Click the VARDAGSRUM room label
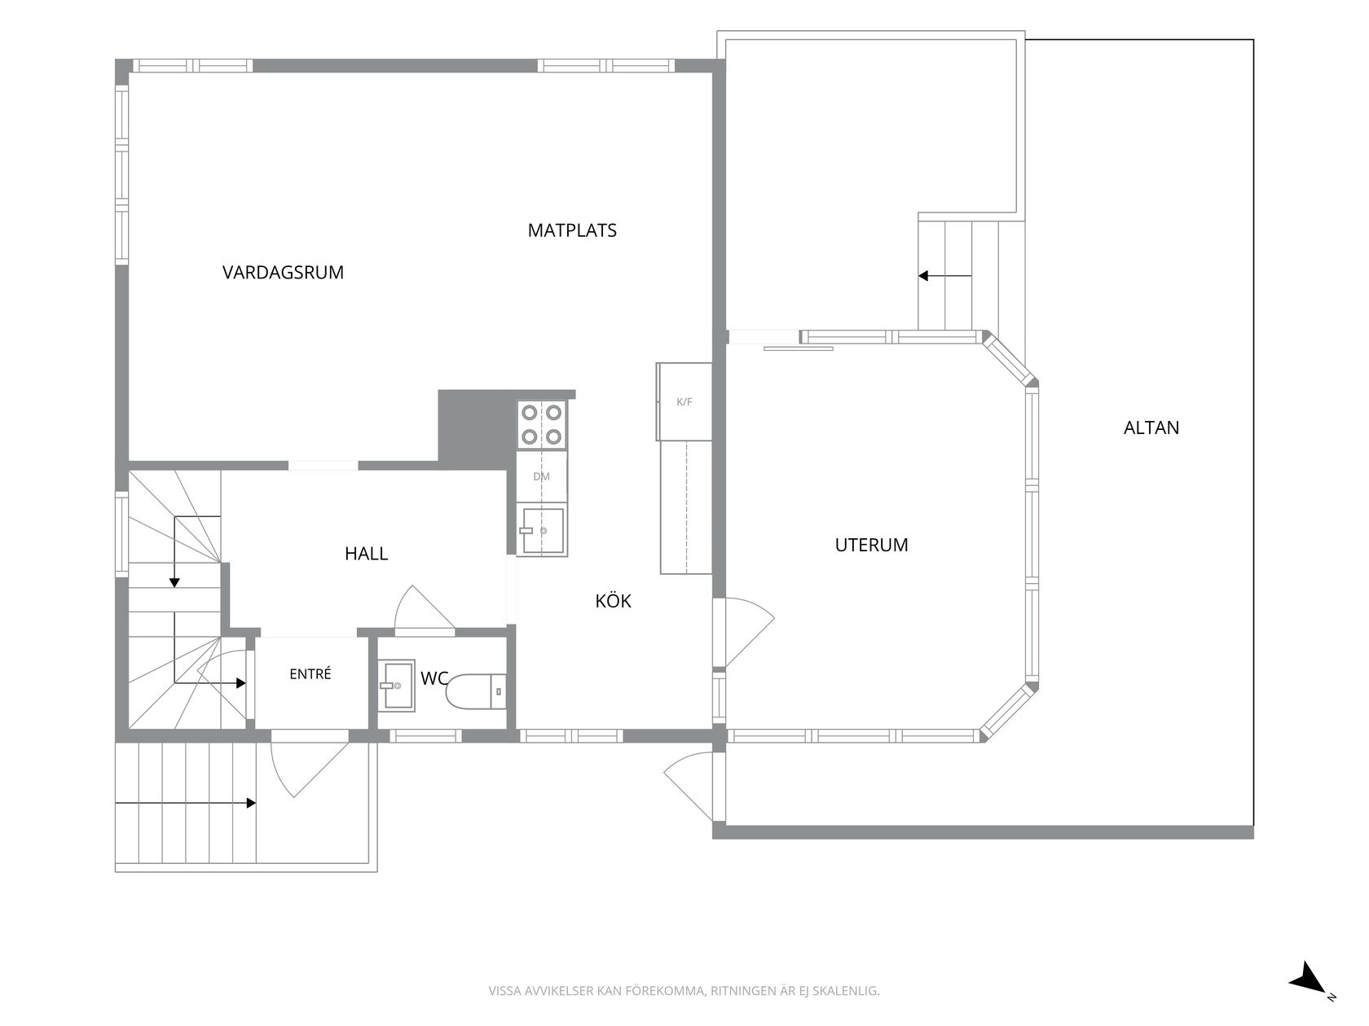(x=283, y=272)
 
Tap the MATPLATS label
(x=572, y=230)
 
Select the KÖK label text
(x=613, y=600)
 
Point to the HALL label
(x=366, y=553)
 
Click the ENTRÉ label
(x=310, y=673)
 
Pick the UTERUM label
(x=871, y=545)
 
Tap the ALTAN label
(x=1151, y=427)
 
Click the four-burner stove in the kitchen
(x=541, y=424)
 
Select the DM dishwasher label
(x=541, y=476)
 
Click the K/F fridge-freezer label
(x=684, y=401)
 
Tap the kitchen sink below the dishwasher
(x=543, y=531)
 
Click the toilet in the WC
(x=476, y=691)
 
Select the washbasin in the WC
(x=397, y=686)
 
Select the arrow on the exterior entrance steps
(x=186, y=803)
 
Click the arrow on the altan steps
(x=945, y=275)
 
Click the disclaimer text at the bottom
(x=684, y=990)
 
